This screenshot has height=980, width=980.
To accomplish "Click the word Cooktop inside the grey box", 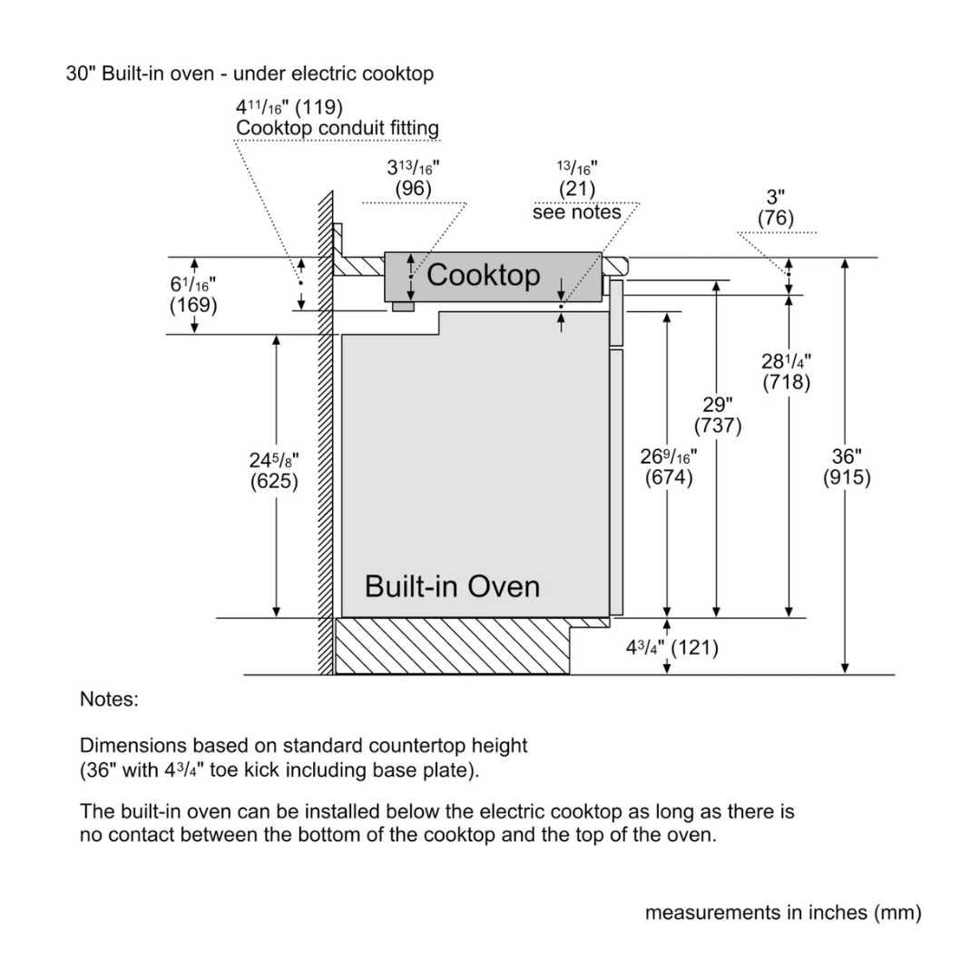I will tap(483, 275).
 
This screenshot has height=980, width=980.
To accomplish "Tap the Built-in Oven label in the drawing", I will tap(452, 586).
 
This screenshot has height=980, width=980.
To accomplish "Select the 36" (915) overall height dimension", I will tap(847, 467).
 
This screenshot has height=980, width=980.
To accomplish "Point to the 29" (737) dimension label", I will tap(718, 415).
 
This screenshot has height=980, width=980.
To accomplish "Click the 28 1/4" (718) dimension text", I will tap(786, 372).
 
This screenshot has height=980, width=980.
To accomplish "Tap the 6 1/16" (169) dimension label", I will tap(193, 295).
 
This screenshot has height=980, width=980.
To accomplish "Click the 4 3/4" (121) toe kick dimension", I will tap(672, 648).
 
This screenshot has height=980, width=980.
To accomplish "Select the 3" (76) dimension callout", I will tap(776, 208).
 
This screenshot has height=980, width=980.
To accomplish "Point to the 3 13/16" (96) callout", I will tap(413, 179).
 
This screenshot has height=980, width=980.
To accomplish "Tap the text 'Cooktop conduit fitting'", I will tap(338, 129).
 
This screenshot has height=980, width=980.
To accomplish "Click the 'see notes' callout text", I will tap(576, 212).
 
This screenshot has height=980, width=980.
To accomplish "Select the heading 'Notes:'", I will tap(109, 700).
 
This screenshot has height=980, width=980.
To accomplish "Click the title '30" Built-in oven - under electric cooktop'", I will tap(250, 73).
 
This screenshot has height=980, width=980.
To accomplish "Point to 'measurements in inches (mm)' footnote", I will tap(783, 913).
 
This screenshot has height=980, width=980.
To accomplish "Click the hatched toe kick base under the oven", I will tap(452, 647).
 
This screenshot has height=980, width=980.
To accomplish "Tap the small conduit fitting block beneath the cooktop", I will tap(402, 308).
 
